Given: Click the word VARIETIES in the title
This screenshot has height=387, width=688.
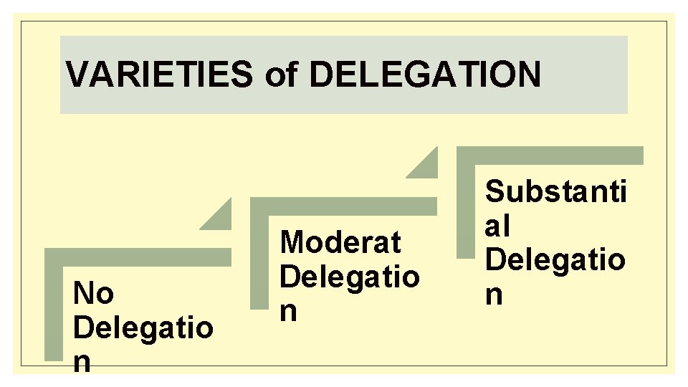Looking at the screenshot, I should (158, 75).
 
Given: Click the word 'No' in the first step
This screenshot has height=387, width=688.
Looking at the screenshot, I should (93, 294).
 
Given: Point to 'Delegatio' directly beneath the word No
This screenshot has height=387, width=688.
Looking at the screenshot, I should (143, 328).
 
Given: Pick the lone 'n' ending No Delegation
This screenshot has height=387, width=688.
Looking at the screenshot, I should (82, 363).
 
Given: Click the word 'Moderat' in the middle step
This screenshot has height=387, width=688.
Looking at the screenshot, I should (340, 242).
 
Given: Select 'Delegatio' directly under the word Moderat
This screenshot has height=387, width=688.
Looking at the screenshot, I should (350, 276).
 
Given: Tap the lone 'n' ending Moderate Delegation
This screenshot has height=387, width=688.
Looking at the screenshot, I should (289, 311).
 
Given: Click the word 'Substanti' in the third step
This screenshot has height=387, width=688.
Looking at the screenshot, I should (555, 192).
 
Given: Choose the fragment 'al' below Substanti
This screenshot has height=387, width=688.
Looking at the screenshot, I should (497, 226).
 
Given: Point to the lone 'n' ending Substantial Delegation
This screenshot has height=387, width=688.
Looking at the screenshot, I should (494, 295).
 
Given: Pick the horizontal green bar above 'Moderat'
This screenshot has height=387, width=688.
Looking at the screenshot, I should (344, 206).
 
